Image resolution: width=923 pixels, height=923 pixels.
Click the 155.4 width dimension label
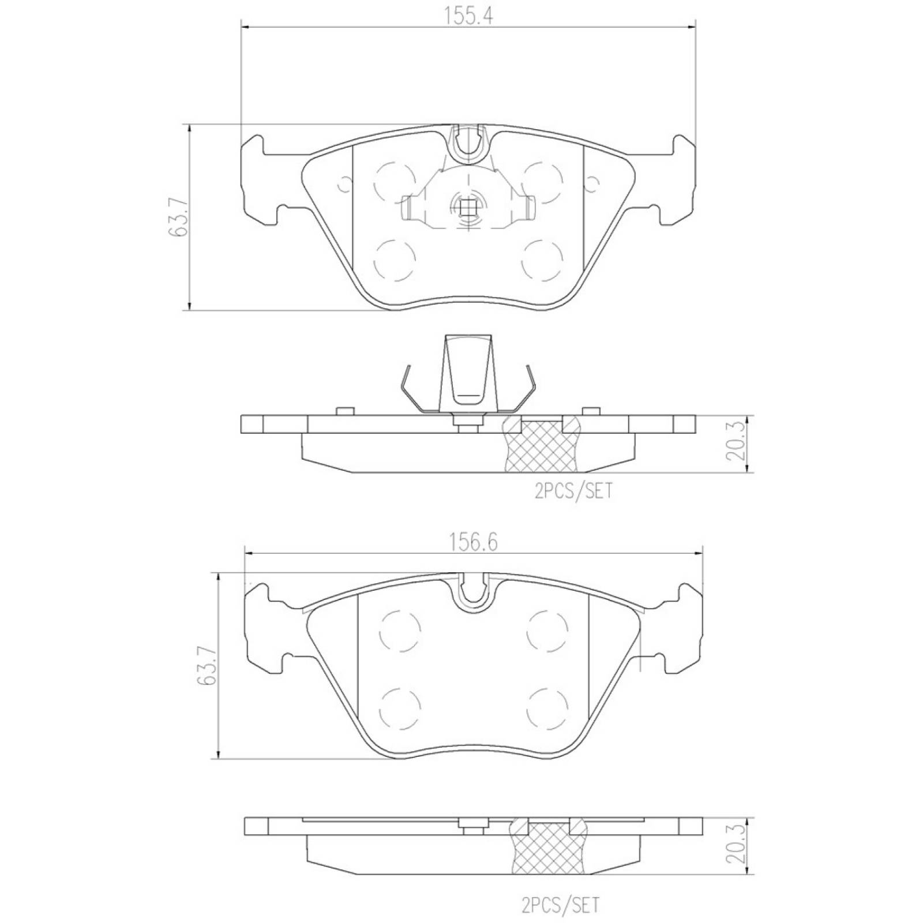tap(468, 16)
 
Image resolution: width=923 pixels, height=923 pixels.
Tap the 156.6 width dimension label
tap(473, 543)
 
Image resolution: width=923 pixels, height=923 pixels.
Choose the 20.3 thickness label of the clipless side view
tap(736, 846)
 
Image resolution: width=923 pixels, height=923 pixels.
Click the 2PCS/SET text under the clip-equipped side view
tap(573, 491)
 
